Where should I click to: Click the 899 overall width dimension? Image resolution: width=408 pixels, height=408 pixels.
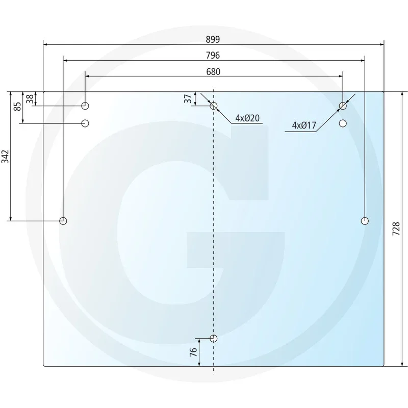click(x=213, y=39)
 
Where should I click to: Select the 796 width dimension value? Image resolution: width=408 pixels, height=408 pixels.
click(x=213, y=55)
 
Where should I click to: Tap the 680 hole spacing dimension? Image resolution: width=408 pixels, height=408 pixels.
click(x=213, y=72)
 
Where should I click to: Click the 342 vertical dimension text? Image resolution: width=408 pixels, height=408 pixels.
click(x=6, y=157)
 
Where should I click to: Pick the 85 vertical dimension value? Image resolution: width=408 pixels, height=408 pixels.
click(x=18, y=107)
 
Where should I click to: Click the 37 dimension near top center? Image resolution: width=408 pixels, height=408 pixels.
click(x=188, y=99)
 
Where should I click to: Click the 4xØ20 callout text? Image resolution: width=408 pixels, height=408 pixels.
click(x=248, y=118)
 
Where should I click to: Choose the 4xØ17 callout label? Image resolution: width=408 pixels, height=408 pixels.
click(x=305, y=125)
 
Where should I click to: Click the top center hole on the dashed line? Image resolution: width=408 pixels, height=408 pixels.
click(x=214, y=106)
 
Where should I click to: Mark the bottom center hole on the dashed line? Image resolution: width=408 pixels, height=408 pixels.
click(x=214, y=339)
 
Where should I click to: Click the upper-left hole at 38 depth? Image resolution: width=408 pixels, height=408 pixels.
click(x=85, y=106)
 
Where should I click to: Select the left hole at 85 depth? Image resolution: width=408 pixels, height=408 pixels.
click(x=85, y=123)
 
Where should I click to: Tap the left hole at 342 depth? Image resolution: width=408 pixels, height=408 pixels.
click(x=63, y=221)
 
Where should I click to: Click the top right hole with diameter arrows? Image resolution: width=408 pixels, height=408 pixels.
click(x=343, y=106)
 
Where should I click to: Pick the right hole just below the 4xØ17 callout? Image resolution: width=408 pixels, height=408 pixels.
click(x=343, y=123)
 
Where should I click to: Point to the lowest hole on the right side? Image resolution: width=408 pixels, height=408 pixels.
click(x=365, y=221)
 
